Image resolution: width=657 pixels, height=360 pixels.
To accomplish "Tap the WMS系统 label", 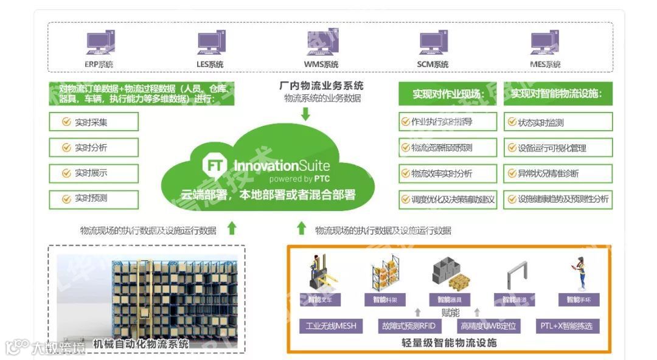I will pos(321,64).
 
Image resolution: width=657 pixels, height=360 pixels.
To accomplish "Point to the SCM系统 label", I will pos(433,64).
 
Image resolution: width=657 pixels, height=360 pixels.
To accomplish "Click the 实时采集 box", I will pos(94,122).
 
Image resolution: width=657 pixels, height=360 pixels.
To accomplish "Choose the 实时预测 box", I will pos(94,198).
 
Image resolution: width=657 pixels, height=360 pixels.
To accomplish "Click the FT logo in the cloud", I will pos(214,165).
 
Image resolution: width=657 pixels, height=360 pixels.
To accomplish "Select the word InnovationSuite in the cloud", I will pos(282,165).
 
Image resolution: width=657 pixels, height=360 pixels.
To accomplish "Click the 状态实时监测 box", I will pos(557,122).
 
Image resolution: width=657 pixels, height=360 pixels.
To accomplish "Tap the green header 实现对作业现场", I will pos(447,94).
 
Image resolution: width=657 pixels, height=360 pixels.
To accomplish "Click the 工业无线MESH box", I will pos(332,327).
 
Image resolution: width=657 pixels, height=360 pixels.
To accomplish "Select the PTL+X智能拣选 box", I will pos(566,327).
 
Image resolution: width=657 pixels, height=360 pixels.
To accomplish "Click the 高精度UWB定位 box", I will pos(488,327).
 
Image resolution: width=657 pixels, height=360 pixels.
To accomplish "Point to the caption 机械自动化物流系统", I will pos(141,344).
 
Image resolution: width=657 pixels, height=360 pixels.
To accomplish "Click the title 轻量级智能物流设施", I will pos(449,343).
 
